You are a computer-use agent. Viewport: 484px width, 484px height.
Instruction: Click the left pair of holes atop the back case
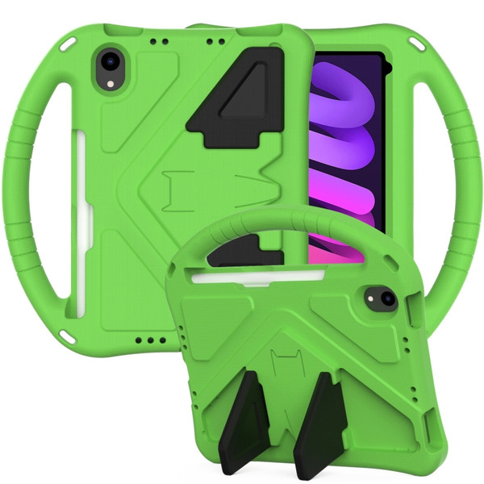click(x=160, y=39)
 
